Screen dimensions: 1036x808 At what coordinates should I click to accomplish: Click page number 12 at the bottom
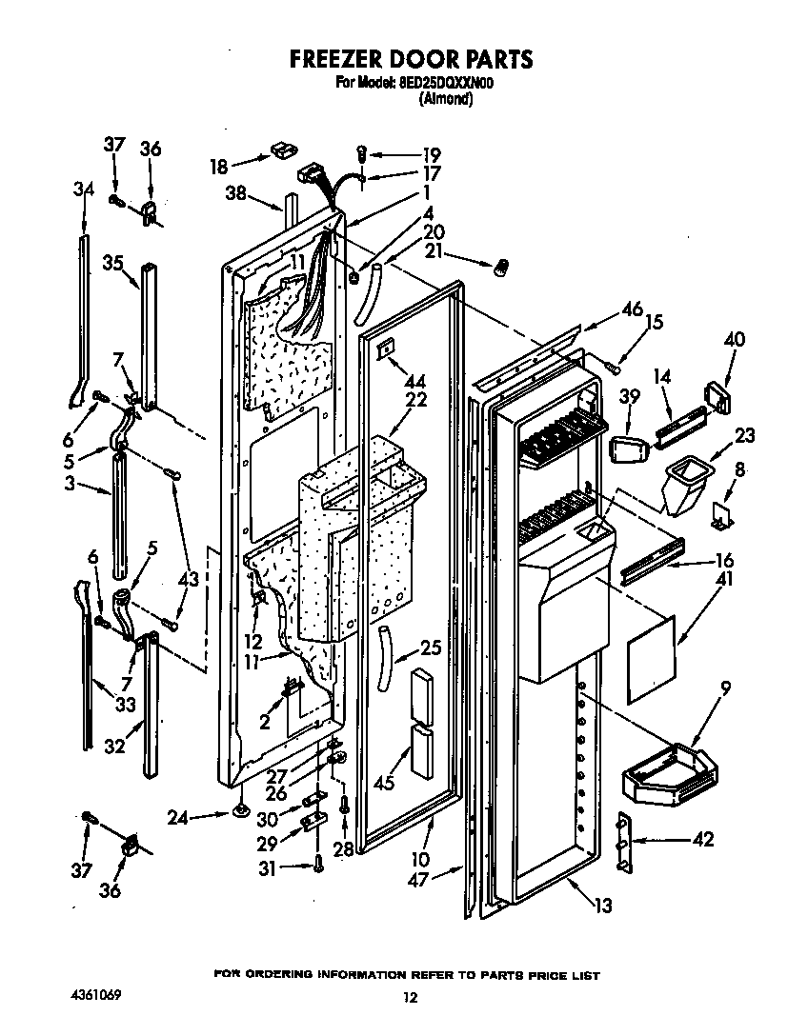tap(409, 998)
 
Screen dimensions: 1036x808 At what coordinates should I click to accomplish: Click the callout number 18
tap(219, 166)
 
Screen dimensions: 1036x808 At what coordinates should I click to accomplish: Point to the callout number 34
tap(84, 189)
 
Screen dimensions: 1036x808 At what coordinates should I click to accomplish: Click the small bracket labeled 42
tap(625, 841)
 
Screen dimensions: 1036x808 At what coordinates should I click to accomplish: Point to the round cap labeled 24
tap(241, 811)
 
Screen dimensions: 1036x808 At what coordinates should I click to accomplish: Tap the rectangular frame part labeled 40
tap(717, 395)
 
